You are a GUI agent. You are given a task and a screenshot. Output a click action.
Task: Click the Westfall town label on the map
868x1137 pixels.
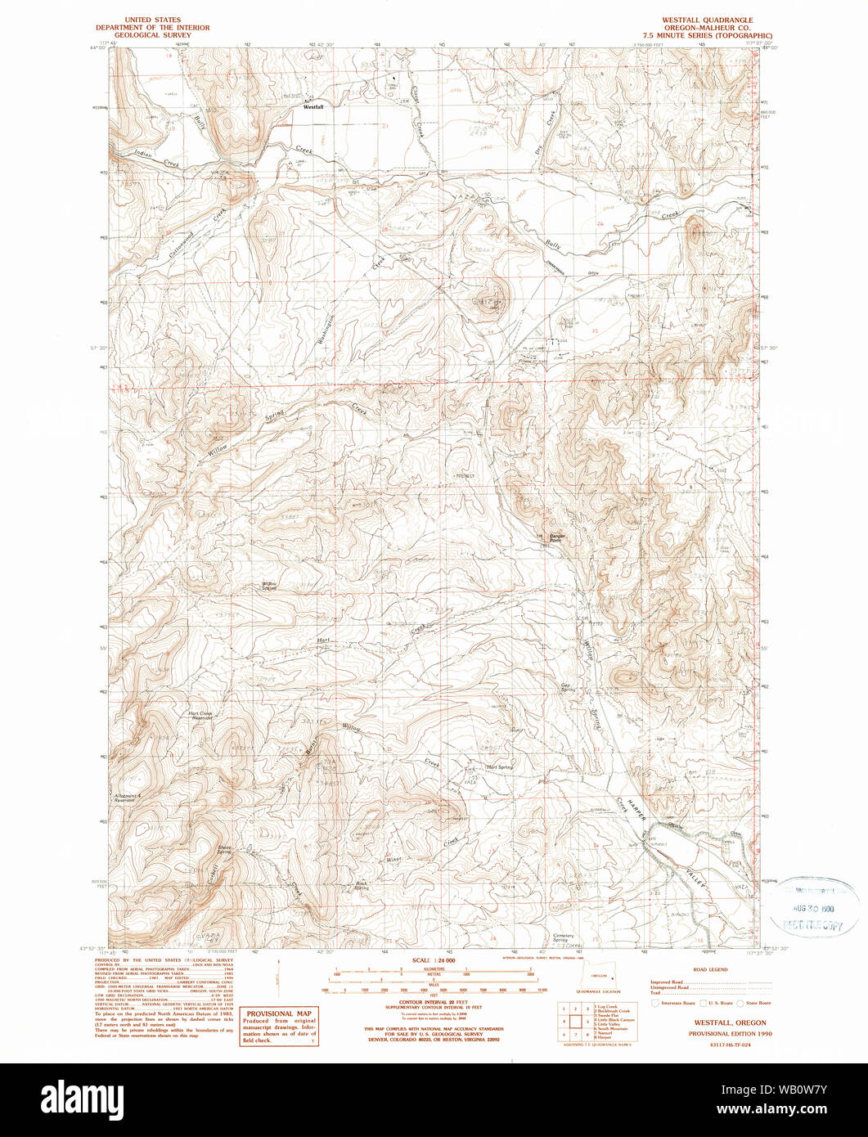[x=314, y=106]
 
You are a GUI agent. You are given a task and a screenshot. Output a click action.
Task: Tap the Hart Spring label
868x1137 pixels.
[x=499, y=767]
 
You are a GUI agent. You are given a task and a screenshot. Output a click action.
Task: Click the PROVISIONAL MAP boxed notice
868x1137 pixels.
[x=279, y=1026]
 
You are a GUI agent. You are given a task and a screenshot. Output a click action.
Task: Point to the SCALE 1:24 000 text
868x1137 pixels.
[x=434, y=959]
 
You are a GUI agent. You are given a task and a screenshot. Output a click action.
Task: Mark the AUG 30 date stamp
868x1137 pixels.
[x=819, y=909]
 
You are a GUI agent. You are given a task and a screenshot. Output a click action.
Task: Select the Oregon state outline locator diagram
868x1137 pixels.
[x=604, y=977]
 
